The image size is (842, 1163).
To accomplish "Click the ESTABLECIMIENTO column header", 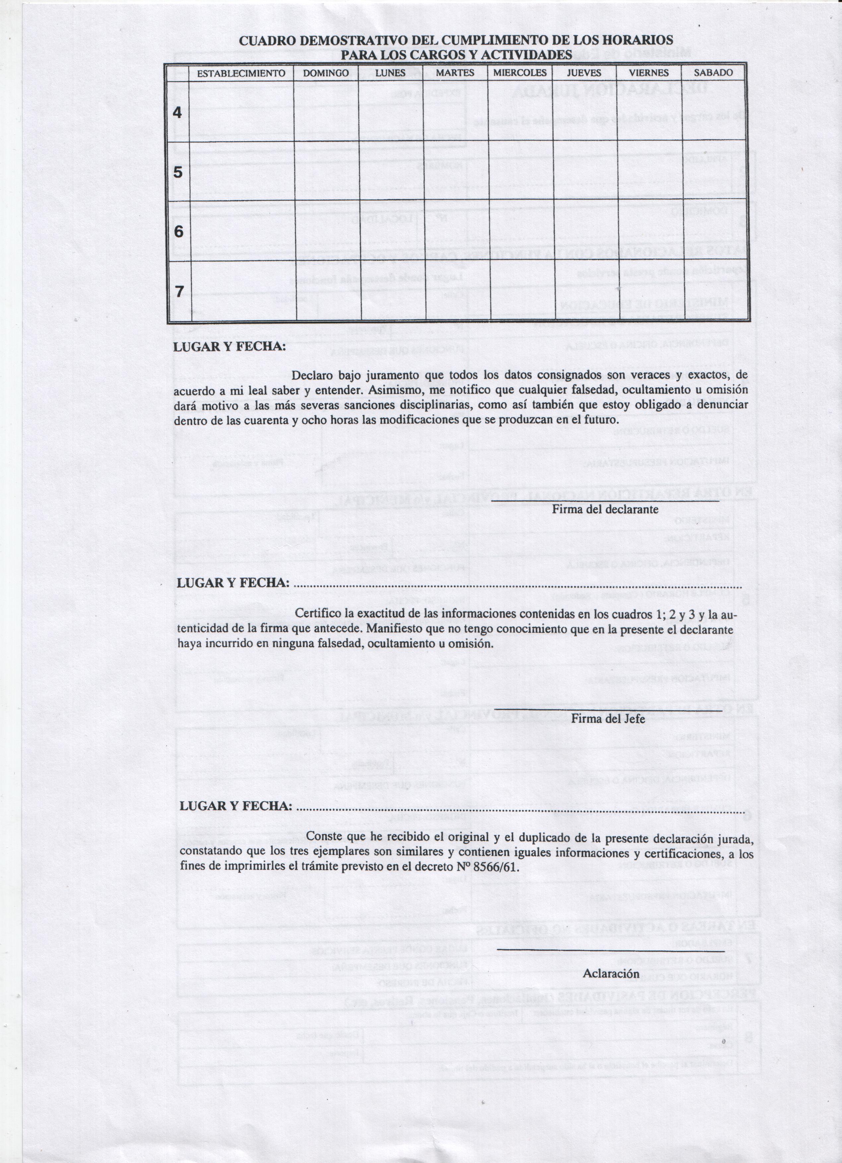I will coord(241,73).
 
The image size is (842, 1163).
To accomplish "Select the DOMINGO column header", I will coord(326,73).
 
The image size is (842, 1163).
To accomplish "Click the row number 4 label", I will coord(177,112).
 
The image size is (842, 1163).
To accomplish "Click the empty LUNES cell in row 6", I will coord(392,231).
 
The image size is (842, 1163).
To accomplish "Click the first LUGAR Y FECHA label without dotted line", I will coord(229,347).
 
